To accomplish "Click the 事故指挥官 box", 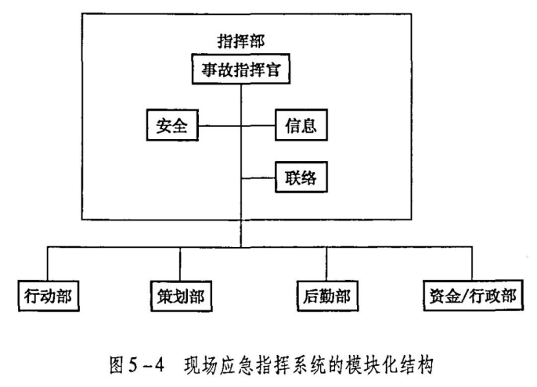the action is coord(241,69).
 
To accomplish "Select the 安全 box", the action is coord(172,125).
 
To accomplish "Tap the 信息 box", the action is coord(301,125).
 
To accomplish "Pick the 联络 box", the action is coord(301,177).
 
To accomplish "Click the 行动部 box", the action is coord(49,296).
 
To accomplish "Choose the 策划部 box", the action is coord(181,296).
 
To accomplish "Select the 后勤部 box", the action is coord(327,296).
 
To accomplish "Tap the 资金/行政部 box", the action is coord(473,296).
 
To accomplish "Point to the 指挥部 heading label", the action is coord(241,41).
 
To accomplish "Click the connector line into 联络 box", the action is coord(258,178).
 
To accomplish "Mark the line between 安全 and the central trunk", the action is coord(219,126).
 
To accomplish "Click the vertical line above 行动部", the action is coord(48,263).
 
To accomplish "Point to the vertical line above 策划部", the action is coord(180,263).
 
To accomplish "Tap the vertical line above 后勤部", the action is coord(326,263).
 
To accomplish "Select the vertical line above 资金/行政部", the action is coord(472,263).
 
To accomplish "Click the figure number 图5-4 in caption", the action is coord(137,365).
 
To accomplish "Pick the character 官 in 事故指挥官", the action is coord(272,70).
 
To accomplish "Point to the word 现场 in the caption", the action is coord(200,365).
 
